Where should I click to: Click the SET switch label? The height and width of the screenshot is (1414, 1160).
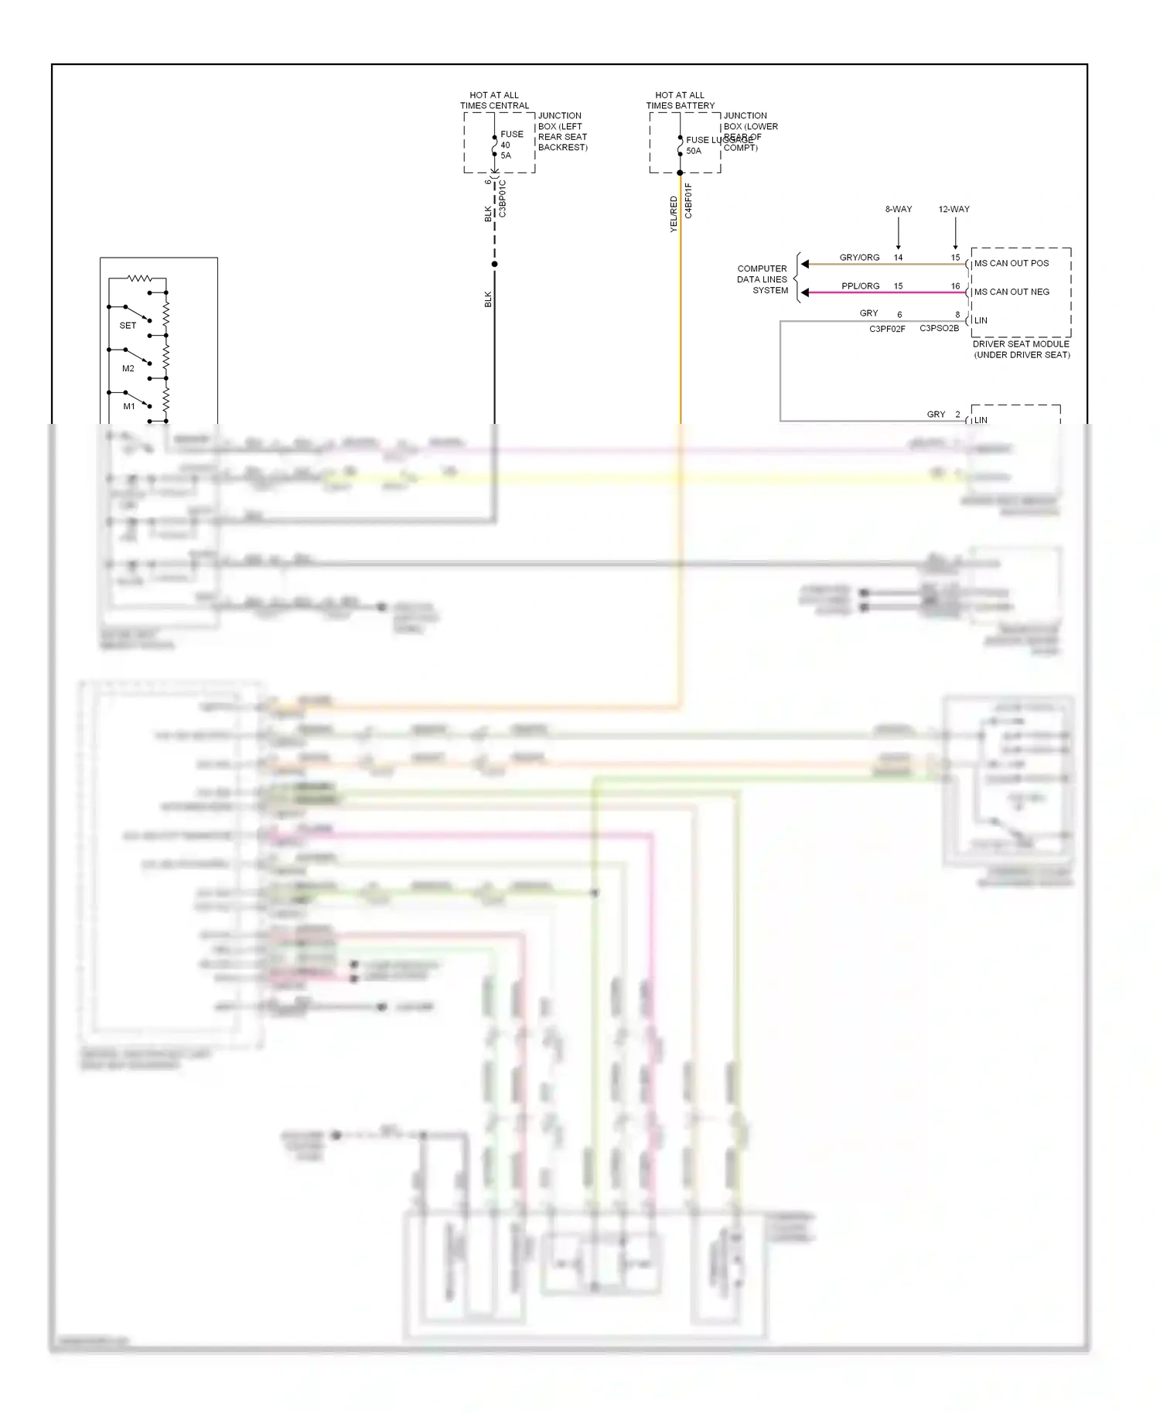point(128,326)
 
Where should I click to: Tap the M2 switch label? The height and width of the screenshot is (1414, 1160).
point(128,369)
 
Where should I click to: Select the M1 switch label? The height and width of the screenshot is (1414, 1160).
point(129,406)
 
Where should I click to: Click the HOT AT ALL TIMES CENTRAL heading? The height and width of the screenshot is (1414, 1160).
point(494,101)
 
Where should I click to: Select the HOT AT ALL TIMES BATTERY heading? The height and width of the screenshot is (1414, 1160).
point(681,101)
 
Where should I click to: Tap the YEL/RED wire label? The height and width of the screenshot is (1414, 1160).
point(674,214)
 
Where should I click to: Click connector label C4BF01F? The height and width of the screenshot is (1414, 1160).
point(689,201)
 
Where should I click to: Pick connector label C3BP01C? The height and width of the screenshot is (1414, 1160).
point(503,199)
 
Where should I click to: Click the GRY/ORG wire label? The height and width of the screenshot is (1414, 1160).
point(859,258)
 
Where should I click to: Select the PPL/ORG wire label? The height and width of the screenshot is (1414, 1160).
point(860,286)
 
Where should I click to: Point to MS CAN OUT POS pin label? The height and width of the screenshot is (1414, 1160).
point(1011,264)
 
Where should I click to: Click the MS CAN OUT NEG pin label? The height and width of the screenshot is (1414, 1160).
point(1011,292)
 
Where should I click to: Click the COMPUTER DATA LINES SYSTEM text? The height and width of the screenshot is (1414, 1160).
point(763,280)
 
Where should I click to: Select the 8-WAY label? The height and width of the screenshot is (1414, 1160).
point(898,210)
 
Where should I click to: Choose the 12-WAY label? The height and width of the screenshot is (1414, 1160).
point(954,210)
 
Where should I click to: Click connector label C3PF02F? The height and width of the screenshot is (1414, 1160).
point(887,330)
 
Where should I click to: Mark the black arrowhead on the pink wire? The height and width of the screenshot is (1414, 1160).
point(805,292)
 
